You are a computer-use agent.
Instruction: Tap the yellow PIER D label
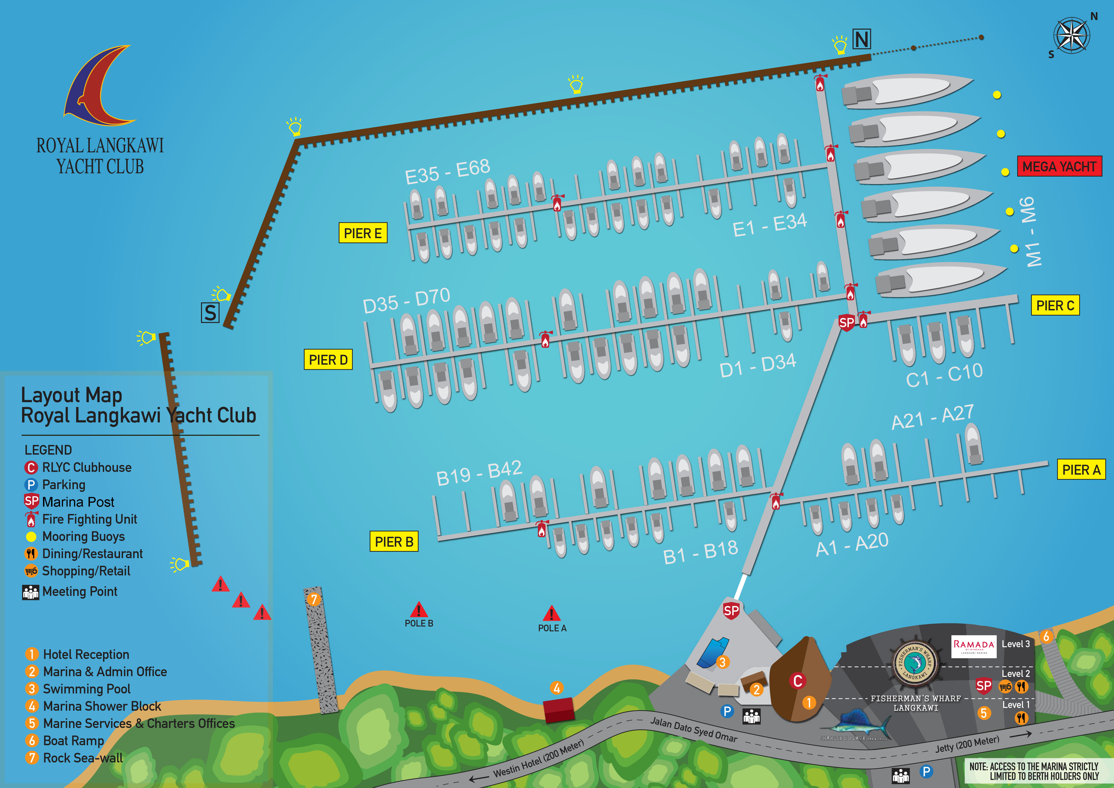point(328,360)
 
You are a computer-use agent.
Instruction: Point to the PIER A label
point(1081,470)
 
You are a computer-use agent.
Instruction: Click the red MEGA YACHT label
point(1059,167)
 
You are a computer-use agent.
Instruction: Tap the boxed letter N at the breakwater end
point(862,39)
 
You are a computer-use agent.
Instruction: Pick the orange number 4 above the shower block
point(557,688)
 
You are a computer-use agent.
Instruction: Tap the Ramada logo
point(973,646)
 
